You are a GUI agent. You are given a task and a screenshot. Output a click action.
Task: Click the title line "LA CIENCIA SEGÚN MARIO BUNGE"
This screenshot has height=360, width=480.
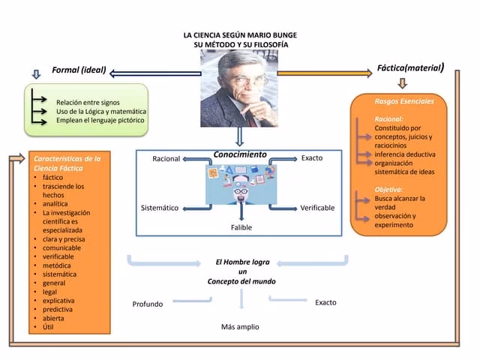(x=235, y=35)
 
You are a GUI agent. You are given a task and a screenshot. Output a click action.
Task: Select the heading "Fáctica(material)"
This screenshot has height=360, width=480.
(x=410, y=68)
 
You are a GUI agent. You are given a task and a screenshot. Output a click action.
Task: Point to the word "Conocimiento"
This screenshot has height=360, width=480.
(x=239, y=154)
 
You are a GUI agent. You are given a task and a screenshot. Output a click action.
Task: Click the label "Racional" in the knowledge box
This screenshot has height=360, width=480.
(x=166, y=159)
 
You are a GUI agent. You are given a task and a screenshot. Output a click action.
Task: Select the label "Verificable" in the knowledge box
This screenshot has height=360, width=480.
(x=317, y=208)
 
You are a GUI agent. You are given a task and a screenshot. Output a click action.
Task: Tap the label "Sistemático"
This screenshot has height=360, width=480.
(x=160, y=208)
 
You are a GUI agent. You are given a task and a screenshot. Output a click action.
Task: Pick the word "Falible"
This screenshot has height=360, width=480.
(x=241, y=227)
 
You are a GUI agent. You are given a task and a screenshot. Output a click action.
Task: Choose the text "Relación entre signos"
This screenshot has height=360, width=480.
(x=88, y=102)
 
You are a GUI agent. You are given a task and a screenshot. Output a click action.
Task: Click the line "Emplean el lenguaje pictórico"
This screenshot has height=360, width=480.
(x=100, y=120)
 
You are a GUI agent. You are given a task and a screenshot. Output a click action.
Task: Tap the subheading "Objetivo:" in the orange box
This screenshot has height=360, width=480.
(x=389, y=189)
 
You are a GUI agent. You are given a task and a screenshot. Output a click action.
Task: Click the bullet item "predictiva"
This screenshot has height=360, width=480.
(x=58, y=309)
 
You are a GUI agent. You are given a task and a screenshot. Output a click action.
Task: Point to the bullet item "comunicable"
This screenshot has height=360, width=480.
(x=61, y=247)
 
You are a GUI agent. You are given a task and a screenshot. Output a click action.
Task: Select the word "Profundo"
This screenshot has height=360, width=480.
(x=148, y=304)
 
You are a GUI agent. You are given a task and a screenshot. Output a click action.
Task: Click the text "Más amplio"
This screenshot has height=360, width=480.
(x=240, y=327)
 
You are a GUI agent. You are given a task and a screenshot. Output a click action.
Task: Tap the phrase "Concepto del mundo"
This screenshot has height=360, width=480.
(x=241, y=281)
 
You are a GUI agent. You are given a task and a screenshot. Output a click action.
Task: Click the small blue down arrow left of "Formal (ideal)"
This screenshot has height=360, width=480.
(x=35, y=74)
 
